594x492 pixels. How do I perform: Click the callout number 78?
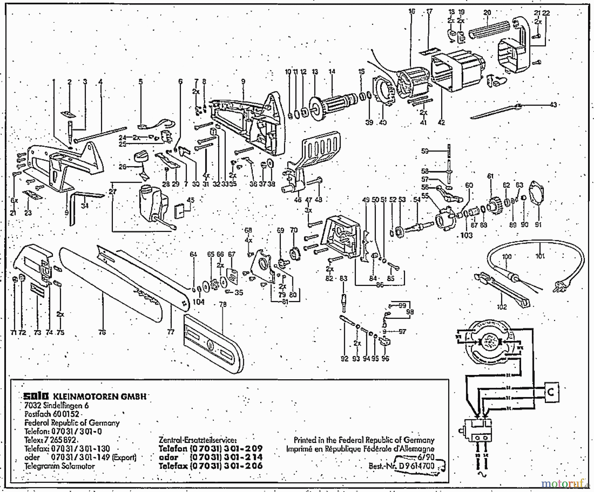(223, 304)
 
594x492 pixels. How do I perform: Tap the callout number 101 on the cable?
(540, 256)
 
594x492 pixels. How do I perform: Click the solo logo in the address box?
(36, 396)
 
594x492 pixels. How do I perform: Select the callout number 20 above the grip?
(487, 13)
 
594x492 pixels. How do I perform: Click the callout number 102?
(502, 307)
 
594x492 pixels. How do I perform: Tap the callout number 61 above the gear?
(490, 176)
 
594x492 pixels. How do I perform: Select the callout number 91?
(538, 225)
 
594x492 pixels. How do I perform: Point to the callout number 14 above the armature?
(331, 72)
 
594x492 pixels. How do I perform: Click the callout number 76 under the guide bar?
(102, 332)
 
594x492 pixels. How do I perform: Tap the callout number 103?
(466, 235)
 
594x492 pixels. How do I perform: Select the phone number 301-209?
(244, 448)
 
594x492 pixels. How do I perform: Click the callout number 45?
(190, 200)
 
